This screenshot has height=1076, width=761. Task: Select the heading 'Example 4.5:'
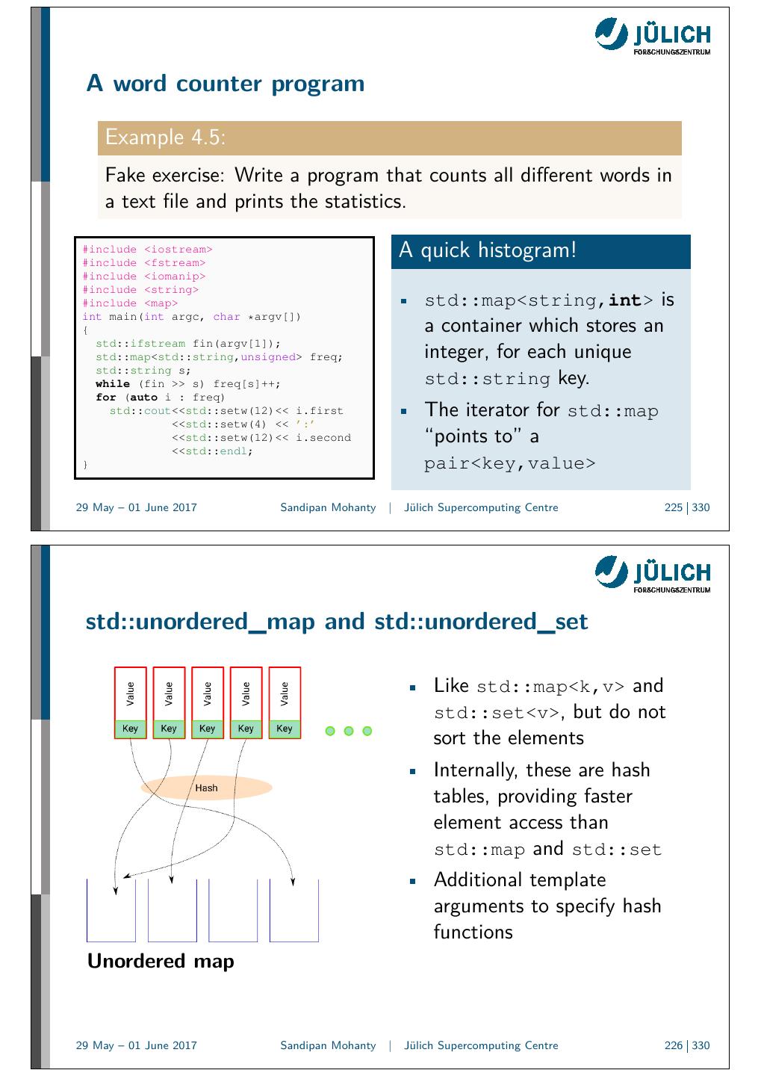(x=166, y=137)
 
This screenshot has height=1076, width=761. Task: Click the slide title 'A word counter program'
(x=226, y=84)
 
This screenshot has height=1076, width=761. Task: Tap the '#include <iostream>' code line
(x=147, y=250)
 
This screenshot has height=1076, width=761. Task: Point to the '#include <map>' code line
(x=130, y=303)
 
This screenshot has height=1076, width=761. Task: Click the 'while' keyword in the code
(x=112, y=384)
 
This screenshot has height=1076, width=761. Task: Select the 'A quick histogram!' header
(x=488, y=250)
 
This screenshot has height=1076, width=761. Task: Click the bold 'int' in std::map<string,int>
(x=625, y=300)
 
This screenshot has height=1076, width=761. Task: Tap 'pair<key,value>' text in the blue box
(x=510, y=463)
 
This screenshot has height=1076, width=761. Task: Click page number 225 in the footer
(x=673, y=507)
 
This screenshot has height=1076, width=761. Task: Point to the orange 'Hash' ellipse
(x=206, y=788)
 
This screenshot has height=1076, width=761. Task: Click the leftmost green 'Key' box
(x=131, y=729)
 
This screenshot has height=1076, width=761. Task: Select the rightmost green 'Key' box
(x=285, y=729)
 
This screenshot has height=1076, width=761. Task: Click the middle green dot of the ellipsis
(x=349, y=731)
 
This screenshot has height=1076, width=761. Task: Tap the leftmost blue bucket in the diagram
(x=111, y=912)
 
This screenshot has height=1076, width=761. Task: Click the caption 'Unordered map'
(x=161, y=961)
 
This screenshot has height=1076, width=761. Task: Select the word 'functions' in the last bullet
(x=473, y=932)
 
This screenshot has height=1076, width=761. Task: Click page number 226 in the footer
(x=673, y=1045)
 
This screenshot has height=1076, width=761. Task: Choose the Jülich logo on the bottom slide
(x=652, y=574)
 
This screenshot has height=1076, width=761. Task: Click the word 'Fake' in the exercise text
(x=125, y=176)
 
